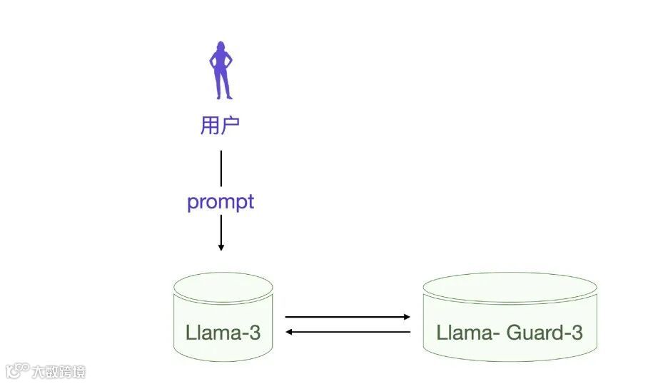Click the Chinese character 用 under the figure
pyautogui.click(x=209, y=126)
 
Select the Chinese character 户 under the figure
pyautogui.click(x=231, y=126)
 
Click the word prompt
pyautogui.click(x=221, y=202)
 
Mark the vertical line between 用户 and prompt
pyautogui.click(x=221, y=168)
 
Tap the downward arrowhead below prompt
pyautogui.click(x=221, y=247)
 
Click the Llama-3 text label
pyautogui.click(x=223, y=333)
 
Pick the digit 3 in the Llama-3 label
pyautogui.click(x=255, y=333)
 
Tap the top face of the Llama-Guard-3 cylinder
pyautogui.click(x=510, y=286)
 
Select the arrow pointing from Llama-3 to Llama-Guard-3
pyautogui.click(x=348, y=316)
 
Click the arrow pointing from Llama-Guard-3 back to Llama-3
pyautogui.click(x=348, y=332)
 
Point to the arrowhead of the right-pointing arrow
pyautogui.click(x=407, y=316)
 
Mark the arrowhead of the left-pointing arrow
pyautogui.click(x=289, y=332)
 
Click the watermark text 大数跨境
pyautogui.click(x=58, y=372)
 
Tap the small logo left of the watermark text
pyautogui.click(x=17, y=371)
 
